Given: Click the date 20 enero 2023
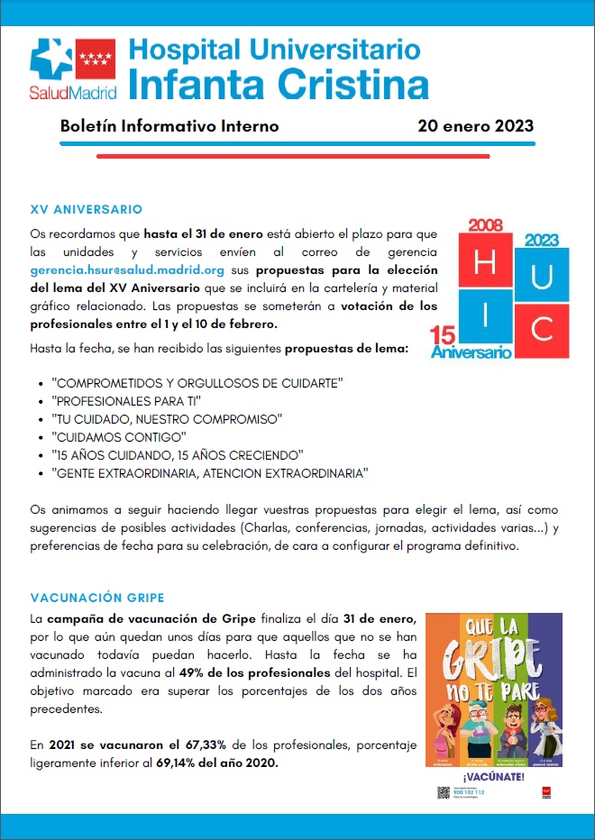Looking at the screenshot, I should coord(475,126).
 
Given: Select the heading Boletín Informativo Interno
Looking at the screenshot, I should coord(169,126).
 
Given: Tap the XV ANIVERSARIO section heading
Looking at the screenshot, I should coord(86,209).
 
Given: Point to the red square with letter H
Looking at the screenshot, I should coord(485,262).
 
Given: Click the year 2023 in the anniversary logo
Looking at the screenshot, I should coord(542,240).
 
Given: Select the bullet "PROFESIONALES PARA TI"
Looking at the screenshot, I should coord(126,400).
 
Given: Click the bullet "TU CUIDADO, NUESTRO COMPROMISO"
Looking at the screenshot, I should coord(169,418).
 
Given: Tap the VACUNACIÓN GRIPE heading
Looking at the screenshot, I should coord(97,598).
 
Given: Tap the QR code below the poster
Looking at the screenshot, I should coord(442,793).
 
